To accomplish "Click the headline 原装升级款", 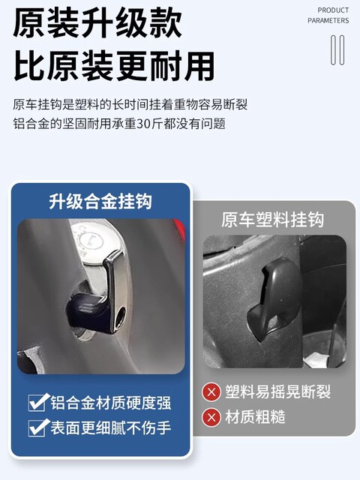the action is (x=97, y=23).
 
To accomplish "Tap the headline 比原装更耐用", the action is (x=114, y=66).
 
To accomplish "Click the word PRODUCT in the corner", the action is (x=333, y=10).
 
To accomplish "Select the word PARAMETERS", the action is (x=328, y=20).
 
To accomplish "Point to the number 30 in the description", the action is (x=142, y=124).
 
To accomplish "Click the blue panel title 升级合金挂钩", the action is (x=100, y=202).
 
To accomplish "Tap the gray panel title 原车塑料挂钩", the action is (x=272, y=220).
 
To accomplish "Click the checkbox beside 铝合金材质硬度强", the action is (x=38, y=402).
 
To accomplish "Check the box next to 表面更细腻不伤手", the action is (x=38, y=427).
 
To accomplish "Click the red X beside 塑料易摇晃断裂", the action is (x=211, y=391).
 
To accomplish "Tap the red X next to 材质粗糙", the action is (x=211, y=417).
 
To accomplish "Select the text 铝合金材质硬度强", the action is (x=111, y=403).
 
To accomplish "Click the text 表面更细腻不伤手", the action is (x=111, y=427).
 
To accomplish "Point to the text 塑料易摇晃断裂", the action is (x=278, y=391).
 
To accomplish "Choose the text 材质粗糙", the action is (x=255, y=417).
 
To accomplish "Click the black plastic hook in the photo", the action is (x=274, y=298).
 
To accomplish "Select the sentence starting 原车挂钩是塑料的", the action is (x=130, y=105).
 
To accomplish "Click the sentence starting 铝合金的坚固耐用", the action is (x=119, y=124).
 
